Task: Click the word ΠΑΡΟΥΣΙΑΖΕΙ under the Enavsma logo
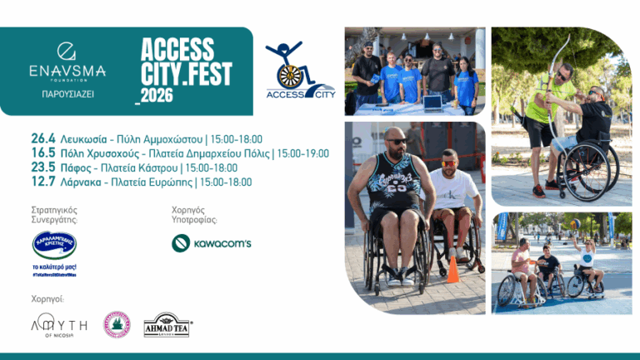tap(67, 94)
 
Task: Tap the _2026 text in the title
tap(153, 96)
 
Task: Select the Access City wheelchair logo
tap(299, 71)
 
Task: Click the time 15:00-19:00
tap(303, 153)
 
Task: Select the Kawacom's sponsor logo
tap(211, 242)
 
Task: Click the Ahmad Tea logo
tap(167, 324)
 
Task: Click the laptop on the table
tap(432, 102)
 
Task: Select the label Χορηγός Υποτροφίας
tap(194, 215)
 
